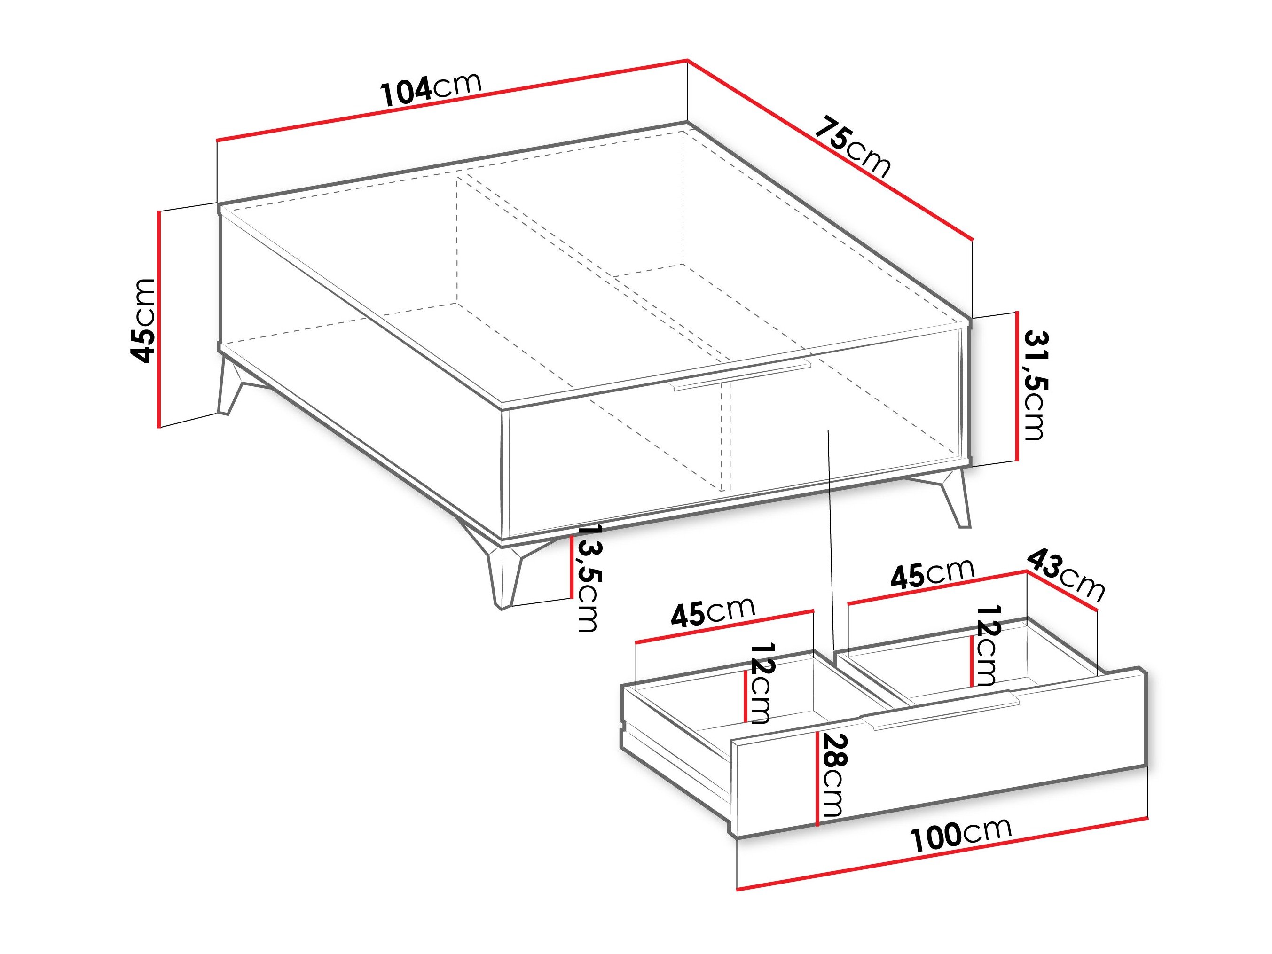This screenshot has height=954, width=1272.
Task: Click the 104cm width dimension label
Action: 431,90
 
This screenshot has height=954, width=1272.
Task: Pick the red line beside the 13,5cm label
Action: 571,566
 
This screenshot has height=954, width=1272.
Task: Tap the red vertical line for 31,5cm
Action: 1017,386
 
